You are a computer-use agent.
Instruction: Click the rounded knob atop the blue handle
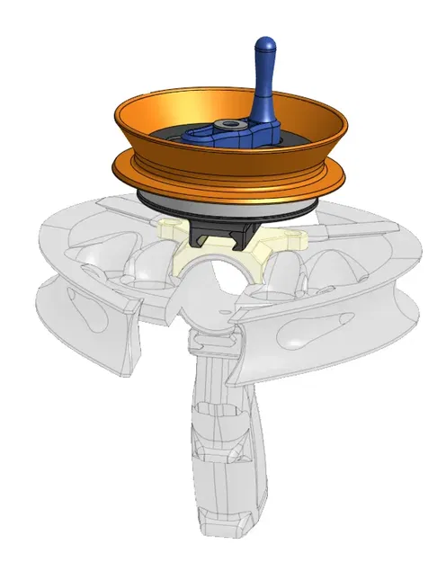tap(264, 46)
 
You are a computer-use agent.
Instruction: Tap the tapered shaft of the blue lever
tap(264, 90)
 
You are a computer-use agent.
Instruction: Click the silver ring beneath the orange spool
tap(225, 206)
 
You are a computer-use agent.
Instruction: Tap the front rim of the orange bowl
tap(225, 162)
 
